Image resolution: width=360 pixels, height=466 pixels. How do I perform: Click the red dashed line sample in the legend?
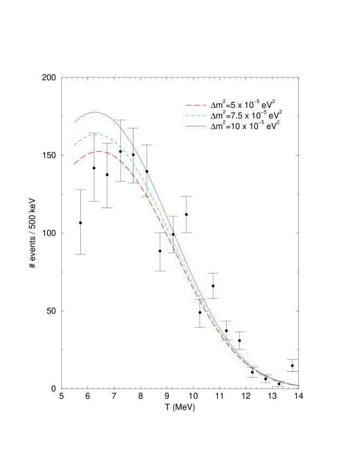(x=196, y=105)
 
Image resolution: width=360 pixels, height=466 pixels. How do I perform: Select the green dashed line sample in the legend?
(x=196, y=115)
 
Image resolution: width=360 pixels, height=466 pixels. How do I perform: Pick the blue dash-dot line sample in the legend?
(x=196, y=126)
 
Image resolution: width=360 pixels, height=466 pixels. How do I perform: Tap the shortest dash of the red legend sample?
(x=204, y=105)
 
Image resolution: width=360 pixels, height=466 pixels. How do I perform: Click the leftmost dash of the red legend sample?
(x=189, y=105)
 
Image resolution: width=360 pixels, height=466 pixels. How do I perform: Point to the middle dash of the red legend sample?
(x=197, y=105)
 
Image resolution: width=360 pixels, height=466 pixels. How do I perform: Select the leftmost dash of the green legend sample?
(x=187, y=115)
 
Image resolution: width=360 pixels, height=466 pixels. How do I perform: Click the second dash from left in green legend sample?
(x=193, y=115)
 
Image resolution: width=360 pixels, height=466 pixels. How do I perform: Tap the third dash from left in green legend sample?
(x=198, y=115)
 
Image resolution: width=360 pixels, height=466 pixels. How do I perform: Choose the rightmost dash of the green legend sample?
(x=204, y=115)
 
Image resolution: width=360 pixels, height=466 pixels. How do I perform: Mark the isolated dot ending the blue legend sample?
(x=205, y=126)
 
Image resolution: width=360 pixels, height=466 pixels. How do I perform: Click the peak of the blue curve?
(x=95, y=112)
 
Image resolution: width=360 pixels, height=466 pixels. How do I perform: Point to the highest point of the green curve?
(x=97, y=134)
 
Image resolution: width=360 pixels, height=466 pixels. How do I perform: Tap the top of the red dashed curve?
(x=100, y=152)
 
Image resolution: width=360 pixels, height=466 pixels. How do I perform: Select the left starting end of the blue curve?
(x=75, y=122)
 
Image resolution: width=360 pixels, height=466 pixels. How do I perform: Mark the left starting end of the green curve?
(x=75, y=145)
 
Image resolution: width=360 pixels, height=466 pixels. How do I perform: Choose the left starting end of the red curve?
(x=75, y=164)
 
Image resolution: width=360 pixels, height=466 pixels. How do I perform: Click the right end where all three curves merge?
(x=298, y=385)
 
